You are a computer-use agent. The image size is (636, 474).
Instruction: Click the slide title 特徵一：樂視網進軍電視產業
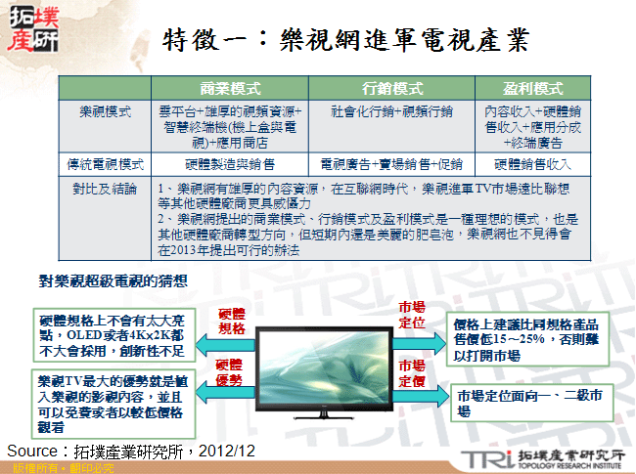(x=344, y=41)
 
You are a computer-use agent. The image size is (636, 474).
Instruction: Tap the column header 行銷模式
(x=391, y=87)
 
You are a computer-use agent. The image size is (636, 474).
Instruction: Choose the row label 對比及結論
(x=106, y=185)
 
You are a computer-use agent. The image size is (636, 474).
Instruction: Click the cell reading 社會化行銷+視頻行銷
(x=391, y=111)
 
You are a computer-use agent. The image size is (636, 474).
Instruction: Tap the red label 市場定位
(x=412, y=314)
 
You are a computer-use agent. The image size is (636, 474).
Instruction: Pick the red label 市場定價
(x=412, y=372)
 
